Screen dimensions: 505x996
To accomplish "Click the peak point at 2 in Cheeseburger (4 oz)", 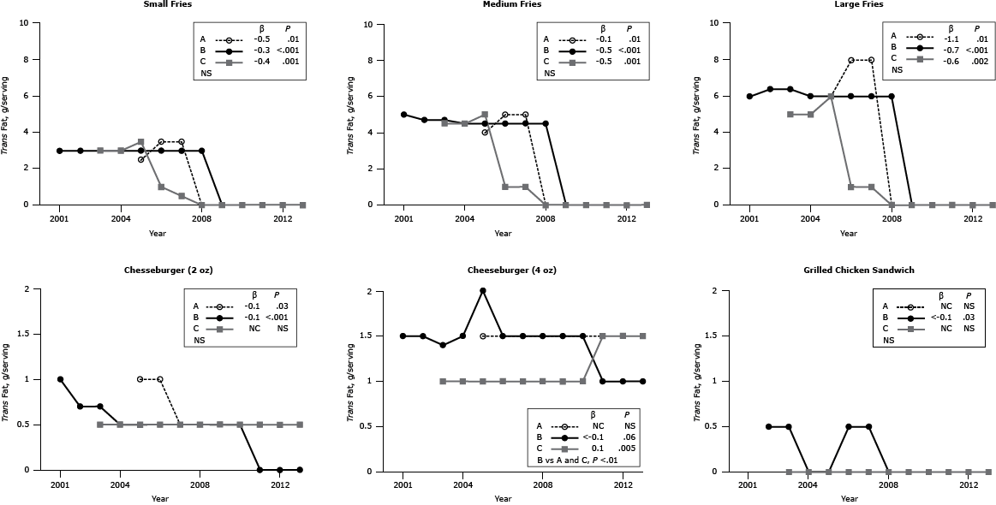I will [x=483, y=291].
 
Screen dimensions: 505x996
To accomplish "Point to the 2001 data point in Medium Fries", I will [x=403, y=115].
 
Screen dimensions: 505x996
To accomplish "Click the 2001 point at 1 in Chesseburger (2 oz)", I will [x=60, y=379].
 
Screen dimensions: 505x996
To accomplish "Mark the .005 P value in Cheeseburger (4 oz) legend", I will [x=627, y=447].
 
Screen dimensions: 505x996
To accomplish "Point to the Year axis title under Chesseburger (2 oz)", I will [x=159, y=498].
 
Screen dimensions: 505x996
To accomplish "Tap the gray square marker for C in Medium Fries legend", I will [x=576, y=62].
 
